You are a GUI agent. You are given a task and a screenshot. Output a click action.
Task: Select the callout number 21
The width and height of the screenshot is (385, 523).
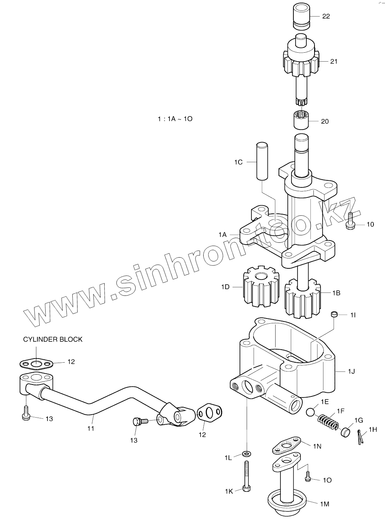(334, 61)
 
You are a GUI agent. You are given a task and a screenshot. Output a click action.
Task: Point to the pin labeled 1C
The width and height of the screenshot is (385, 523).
(261, 160)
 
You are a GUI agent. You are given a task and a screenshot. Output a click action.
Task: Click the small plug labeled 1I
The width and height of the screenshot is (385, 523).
(335, 315)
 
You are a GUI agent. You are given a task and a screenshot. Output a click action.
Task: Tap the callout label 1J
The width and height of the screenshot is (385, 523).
(351, 371)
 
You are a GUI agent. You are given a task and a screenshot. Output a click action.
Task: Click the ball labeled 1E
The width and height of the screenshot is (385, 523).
(310, 412)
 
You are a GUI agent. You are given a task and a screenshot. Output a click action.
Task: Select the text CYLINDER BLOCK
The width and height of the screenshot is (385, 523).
(53, 339)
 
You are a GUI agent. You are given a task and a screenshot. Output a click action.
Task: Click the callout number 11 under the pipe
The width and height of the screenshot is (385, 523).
(91, 428)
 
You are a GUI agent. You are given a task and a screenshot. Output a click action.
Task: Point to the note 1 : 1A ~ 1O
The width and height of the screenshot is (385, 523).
(174, 119)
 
